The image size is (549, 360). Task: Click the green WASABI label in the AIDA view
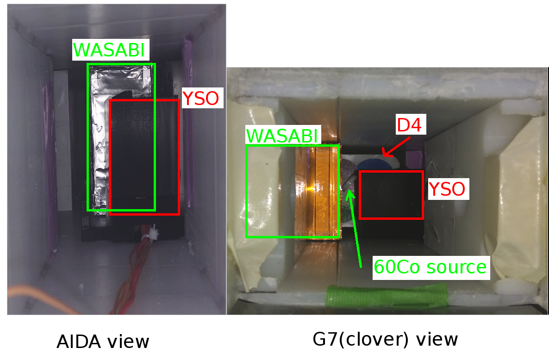pyautogui.click(x=111, y=50)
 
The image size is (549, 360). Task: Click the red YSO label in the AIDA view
pyautogui.click(x=200, y=99)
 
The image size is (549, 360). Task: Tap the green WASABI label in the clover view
pyautogui.click(x=282, y=136)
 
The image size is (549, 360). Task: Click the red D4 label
pyautogui.click(x=409, y=125)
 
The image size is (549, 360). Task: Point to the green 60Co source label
pyautogui.click(x=430, y=267)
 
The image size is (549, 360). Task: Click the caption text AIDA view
pyautogui.click(x=103, y=342)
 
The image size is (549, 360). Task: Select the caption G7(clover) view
pyautogui.click(x=385, y=340)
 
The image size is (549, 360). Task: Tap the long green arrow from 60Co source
pyautogui.click(x=355, y=227)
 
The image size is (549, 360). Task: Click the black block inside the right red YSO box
pyautogui.click(x=391, y=194)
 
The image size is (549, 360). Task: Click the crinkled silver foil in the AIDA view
pyautogui.click(x=100, y=139)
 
